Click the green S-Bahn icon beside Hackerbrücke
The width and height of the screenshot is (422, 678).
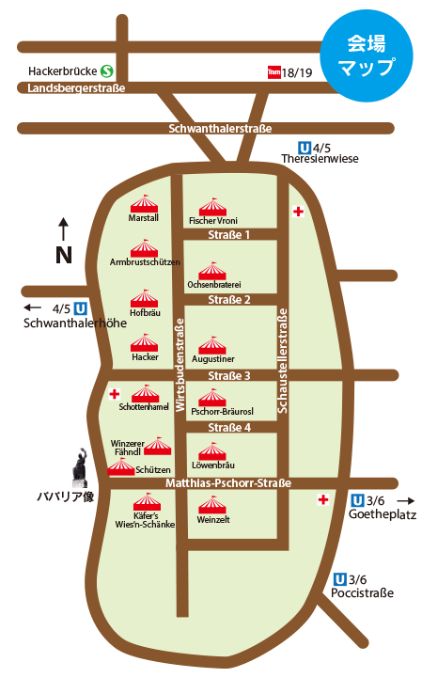(107, 71)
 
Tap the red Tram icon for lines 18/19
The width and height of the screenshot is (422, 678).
(274, 72)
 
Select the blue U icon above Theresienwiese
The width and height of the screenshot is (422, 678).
(305, 149)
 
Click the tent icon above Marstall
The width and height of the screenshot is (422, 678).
(144, 204)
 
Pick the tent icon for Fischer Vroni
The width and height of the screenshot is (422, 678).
(212, 207)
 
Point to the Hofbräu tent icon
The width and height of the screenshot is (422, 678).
(144, 298)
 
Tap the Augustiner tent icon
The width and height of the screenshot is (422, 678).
(212, 345)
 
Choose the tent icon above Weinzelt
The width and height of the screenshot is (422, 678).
(212, 505)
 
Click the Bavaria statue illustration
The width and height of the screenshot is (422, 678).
(81, 468)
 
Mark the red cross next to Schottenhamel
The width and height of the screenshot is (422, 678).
(115, 394)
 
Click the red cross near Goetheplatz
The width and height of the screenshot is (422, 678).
(323, 500)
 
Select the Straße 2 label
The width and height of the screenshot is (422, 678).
(229, 300)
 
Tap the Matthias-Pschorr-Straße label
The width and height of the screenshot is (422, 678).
(228, 483)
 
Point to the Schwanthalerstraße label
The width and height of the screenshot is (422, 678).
(220, 129)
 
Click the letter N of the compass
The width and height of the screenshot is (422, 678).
(64, 255)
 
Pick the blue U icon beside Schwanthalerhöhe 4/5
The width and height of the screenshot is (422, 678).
(81, 308)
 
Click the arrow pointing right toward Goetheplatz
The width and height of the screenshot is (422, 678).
(406, 500)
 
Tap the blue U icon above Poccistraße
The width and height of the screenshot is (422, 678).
(340, 579)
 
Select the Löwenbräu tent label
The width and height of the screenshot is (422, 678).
(213, 465)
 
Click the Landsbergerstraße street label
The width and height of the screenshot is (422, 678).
(76, 88)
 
